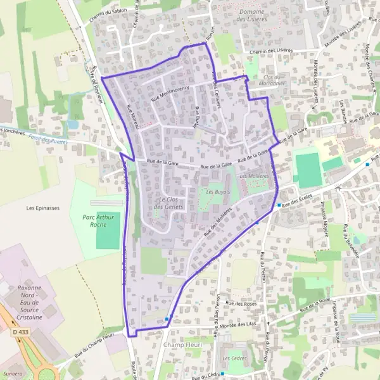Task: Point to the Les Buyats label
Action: tap(218, 191)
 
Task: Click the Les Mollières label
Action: tap(254, 175)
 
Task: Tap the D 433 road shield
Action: tap(20, 331)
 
